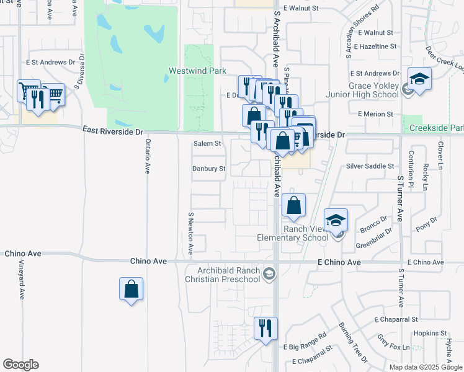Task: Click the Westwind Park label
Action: click(197, 71)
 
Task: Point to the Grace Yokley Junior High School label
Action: click(364, 90)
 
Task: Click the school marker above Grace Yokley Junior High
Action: click(419, 80)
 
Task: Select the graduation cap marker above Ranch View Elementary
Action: click(336, 221)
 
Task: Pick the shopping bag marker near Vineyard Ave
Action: click(131, 290)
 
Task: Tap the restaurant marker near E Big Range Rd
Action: click(266, 329)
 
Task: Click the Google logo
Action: click(20, 365)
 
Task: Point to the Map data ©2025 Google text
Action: click(426, 367)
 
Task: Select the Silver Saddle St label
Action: click(370, 166)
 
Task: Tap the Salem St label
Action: click(207, 143)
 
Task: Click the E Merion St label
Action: click(375, 114)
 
